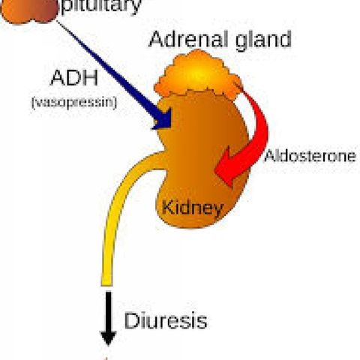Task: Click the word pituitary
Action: pos(101,6)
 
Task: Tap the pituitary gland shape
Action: pos(29,11)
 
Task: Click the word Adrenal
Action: pos(189,39)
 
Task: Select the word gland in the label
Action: pos(263,40)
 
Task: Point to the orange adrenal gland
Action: pos(197,73)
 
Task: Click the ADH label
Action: pos(74,78)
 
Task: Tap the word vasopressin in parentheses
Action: pos(74,102)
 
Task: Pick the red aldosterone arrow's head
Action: pos(229,167)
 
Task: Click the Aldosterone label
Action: pos(310,156)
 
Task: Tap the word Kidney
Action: pos(192,208)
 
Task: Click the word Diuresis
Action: pos(166,320)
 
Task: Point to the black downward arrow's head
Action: pos(108,337)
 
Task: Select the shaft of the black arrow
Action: pos(109,311)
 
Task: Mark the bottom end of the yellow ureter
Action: pos(107,285)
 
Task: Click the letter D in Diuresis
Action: pos(131,320)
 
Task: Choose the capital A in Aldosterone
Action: pos(269,156)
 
